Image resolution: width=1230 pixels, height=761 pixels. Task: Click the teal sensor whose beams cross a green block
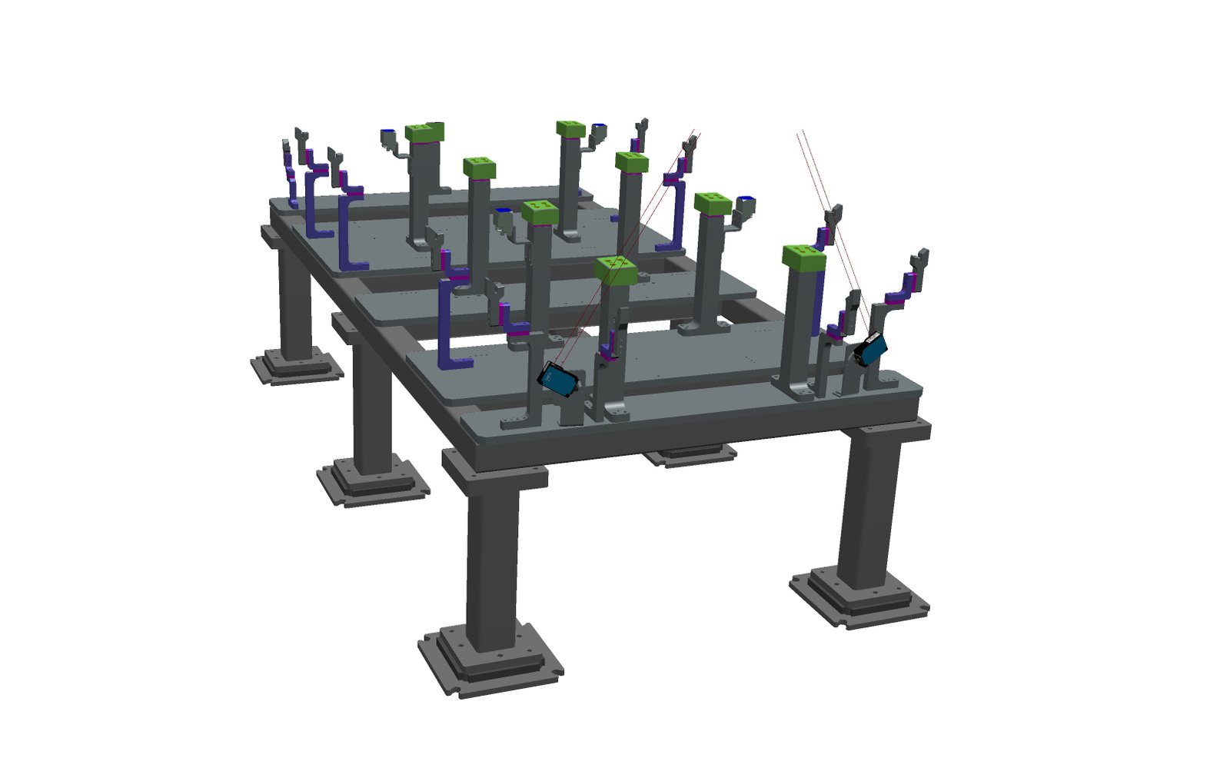pyautogui.click(x=559, y=380)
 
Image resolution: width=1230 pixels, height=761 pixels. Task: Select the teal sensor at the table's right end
pyautogui.click(x=870, y=349)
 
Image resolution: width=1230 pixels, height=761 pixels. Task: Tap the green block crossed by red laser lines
pyautogui.click(x=615, y=270)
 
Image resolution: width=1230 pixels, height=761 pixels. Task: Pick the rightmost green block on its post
pyautogui.click(x=803, y=258)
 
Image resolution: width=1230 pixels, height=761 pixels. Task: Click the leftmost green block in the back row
pyautogui.click(x=425, y=132)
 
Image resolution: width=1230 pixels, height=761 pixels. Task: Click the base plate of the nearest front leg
pyautogui.click(x=490, y=662)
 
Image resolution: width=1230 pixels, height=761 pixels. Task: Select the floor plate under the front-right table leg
pyautogui.click(x=859, y=597)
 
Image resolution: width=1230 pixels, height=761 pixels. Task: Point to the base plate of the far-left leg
pyautogui.click(x=296, y=367)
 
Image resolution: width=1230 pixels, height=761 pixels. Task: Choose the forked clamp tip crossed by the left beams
pyautogui.click(x=690, y=145)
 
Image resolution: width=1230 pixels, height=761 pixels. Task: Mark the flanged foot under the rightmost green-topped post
pyautogui.click(x=799, y=390)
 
